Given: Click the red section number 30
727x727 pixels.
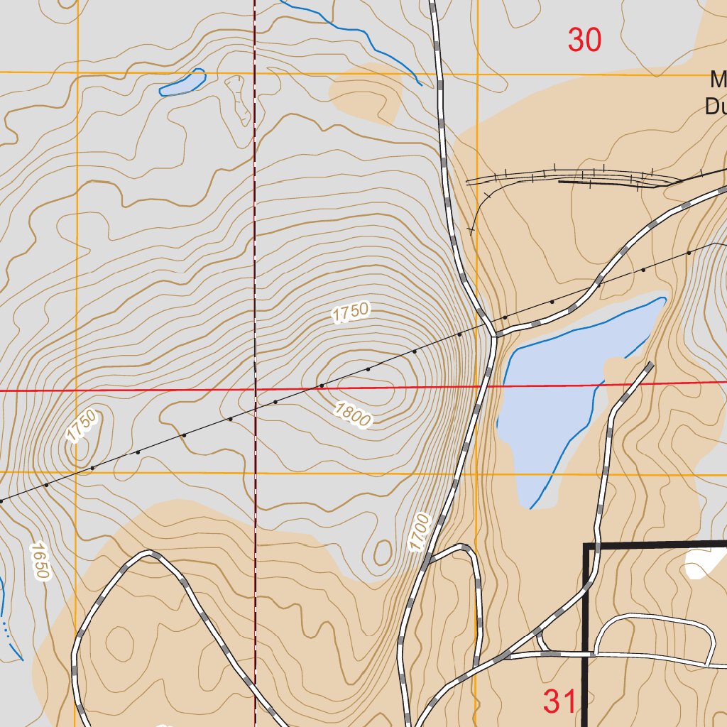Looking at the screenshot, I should click(x=584, y=40).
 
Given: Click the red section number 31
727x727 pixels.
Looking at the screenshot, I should click(x=561, y=702).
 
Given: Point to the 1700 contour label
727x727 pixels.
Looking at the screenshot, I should click(x=420, y=532).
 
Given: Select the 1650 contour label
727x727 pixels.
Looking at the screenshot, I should click(x=38, y=562).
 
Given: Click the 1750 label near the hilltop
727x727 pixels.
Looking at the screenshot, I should click(x=351, y=312).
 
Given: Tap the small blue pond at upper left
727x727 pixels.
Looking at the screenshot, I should click(x=182, y=84).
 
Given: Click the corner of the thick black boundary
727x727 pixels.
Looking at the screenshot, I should click(x=585, y=545).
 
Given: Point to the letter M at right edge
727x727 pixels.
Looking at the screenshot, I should click(x=718, y=80).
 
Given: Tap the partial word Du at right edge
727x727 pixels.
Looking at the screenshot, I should click(x=715, y=106).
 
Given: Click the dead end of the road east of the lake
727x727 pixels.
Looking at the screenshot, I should click(x=650, y=365).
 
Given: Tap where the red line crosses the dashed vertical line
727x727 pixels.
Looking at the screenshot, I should click(x=255, y=390).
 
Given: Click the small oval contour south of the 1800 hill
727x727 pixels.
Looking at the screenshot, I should click(x=383, y=552).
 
